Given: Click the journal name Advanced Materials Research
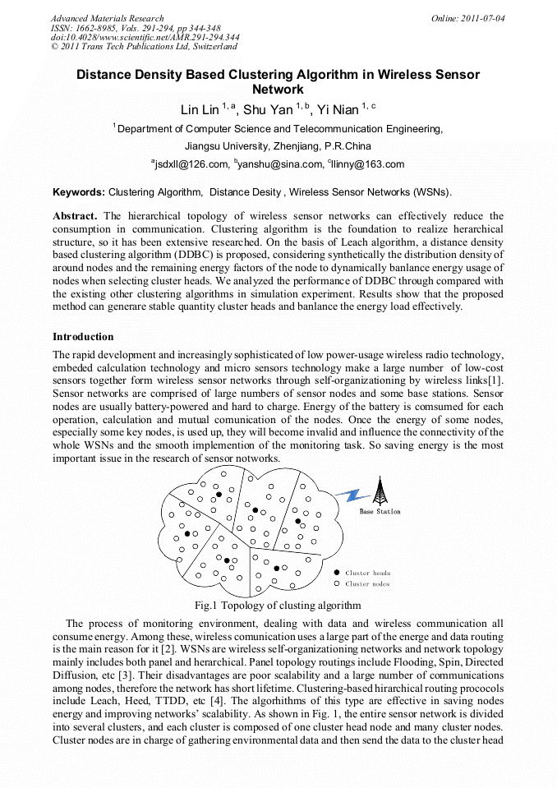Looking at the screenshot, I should pos(107,18).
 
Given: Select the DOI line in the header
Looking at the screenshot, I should pos(145,38).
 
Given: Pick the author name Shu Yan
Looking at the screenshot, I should pos(268,110).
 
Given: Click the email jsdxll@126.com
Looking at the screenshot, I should pos(191,164).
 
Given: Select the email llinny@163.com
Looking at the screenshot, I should pos(368,164).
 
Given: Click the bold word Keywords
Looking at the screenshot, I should pos(79,192).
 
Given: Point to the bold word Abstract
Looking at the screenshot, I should pos(76,216).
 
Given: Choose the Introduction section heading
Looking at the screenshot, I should pos(83,337).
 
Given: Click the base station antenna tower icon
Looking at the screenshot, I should pos(380,491).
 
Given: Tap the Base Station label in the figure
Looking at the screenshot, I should pos(380,512).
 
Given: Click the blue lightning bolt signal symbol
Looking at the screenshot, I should pos(354,494).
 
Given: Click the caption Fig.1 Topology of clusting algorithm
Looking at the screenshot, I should pos(278,606).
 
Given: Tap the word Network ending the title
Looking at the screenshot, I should pos(278,89).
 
